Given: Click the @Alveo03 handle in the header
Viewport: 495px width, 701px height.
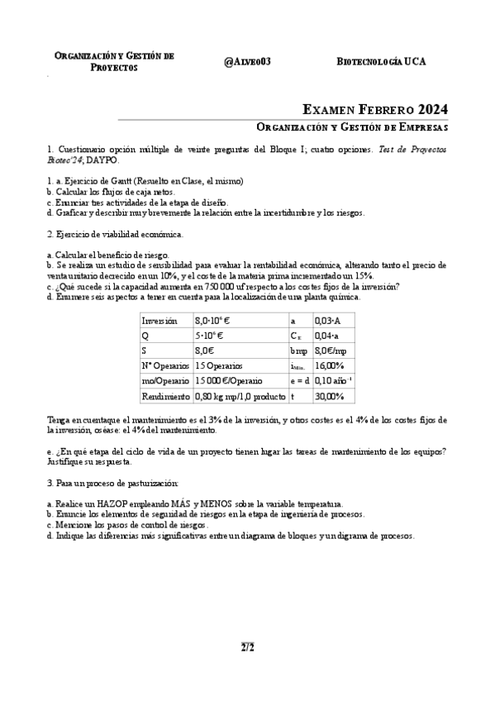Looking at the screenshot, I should [247, 62].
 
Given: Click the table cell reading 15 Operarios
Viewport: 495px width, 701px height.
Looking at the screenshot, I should [219, 365].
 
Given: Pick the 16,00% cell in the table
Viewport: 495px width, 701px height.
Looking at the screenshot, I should [331, 365].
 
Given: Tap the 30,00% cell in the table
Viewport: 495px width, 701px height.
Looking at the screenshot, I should [331, 396].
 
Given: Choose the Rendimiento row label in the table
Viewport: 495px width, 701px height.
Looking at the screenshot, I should [166, 396].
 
